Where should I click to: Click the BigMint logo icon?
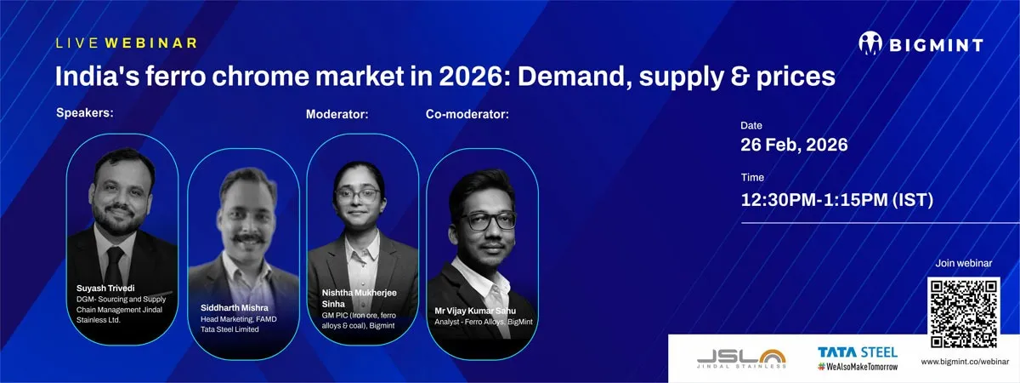tap(870, 43)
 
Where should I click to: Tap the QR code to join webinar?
tap(964, 313)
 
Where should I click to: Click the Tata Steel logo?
tap(858, 358)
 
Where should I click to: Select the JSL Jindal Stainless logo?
tap(741, 359)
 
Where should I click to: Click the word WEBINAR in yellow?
tap(151, 43)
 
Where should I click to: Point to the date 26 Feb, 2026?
tap(794, 145)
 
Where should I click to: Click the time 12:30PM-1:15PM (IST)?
tap(837, 200)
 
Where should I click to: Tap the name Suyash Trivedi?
tap(105, 289)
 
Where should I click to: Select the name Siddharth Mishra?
tap(235, 308)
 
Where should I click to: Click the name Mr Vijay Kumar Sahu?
tap(475, 311)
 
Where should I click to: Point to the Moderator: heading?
tap(337, 114)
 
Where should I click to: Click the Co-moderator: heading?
tap(467, 114)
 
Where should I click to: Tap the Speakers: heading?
tap(85, 112)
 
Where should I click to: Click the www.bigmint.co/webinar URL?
tap(965, 362)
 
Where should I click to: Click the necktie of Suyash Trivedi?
tap(114, 266)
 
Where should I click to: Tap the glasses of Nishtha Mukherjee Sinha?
tap(358, 195)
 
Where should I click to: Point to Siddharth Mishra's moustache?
tap(248, 238)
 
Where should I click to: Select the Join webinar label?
tap(964, 263)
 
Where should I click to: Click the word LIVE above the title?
tap(77, 43)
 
